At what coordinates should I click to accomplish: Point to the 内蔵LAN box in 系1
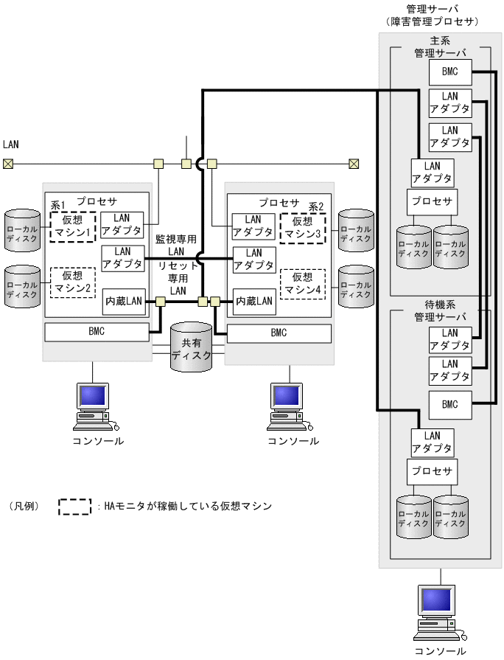[x=123, y=301]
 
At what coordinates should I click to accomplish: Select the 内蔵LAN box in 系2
[x=253, y=301]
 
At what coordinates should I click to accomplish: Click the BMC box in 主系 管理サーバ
[x=449, y=72]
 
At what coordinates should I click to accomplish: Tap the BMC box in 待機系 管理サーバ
[x=449, y=404]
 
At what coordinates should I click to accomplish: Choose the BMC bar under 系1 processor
[x=97, y=332]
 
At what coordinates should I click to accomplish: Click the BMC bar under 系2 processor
[x=278, y=333]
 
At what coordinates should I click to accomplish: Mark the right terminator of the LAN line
[x=354, y=164]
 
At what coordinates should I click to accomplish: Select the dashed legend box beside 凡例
[x=80, y=507]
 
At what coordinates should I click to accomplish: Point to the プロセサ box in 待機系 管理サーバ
[x=432, y=471]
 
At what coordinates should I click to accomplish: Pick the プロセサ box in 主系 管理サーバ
[x=432, y=201]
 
